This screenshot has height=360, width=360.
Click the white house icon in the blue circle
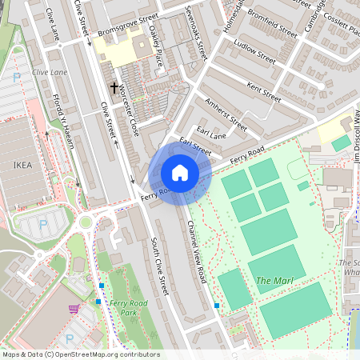tap(180, 173)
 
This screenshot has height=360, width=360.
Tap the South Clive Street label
tap(158, 265)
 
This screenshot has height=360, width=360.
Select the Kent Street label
tap(265, 92)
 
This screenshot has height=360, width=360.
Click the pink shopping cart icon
tap(74, 308)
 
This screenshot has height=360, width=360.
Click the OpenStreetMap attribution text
tap(81, 354)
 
